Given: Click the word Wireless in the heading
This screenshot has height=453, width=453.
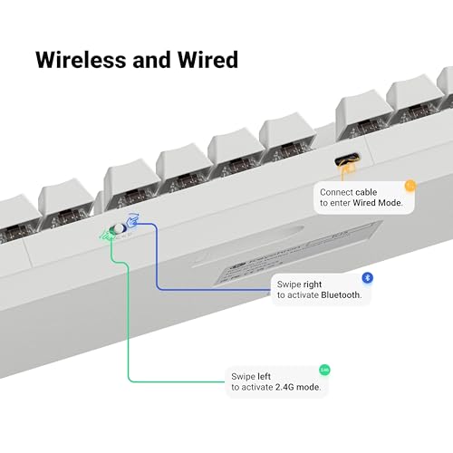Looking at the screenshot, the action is pos(81,60).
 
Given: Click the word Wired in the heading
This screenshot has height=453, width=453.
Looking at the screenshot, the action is pos(207,60).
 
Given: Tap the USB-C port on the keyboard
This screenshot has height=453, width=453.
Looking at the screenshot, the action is pos(347,159).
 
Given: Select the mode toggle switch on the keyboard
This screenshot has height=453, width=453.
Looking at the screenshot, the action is pos(117,228).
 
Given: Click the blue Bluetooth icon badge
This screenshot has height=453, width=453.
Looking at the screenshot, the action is pos(367,277).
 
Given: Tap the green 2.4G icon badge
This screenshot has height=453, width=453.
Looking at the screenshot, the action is pos(324,370).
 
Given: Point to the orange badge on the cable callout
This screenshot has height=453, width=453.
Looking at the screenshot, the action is pos(410,186).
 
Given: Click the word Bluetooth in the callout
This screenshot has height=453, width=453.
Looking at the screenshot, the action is pos(341,294).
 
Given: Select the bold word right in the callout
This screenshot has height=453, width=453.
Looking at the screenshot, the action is pos(313,284).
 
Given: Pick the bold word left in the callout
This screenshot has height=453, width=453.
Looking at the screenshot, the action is pos(264,376).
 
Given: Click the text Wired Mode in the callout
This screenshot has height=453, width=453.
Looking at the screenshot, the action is pos(378,203).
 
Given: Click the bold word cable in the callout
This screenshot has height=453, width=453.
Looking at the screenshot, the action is pos(366,192).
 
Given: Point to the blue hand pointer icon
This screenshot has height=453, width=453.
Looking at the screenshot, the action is pos(132,220).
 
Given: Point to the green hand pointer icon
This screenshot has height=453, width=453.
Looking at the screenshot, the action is pos(107,235).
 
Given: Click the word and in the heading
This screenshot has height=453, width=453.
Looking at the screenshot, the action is pos(151,60).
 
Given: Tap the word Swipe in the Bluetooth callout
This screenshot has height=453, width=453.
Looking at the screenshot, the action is pos(289,284).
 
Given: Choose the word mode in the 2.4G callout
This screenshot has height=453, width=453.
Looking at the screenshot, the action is pos(308,387).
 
